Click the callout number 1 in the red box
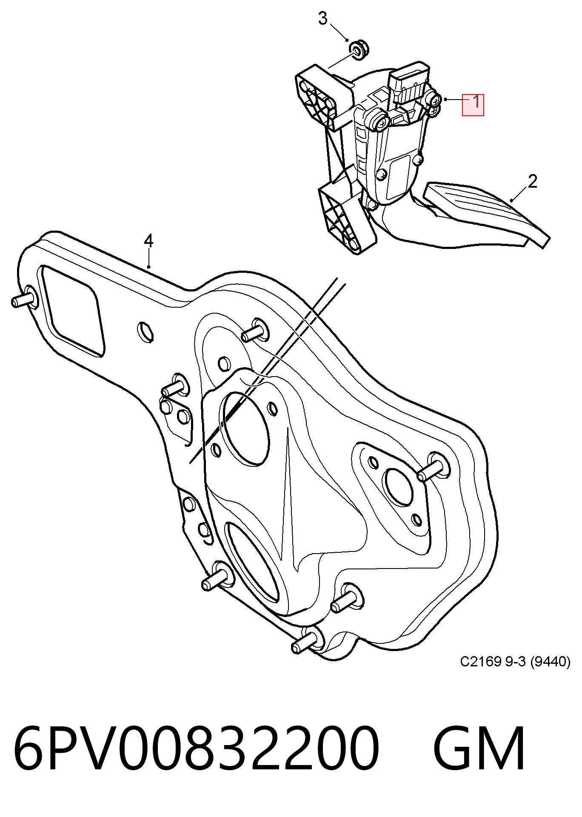(x=476, y=102)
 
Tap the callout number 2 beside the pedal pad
(x=532, y=182)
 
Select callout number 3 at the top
(x=323, y=18)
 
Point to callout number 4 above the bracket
(x=148, y=241)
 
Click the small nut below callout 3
(x=359, y=49)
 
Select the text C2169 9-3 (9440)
(x=515, y=662)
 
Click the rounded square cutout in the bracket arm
(x=72, y=310)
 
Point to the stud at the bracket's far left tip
(x=23, y=299)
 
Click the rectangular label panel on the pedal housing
(x=398, y=177)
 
